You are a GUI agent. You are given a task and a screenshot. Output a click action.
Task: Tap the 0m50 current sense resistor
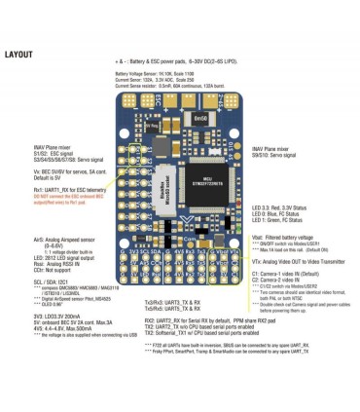(x=198, y=117)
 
